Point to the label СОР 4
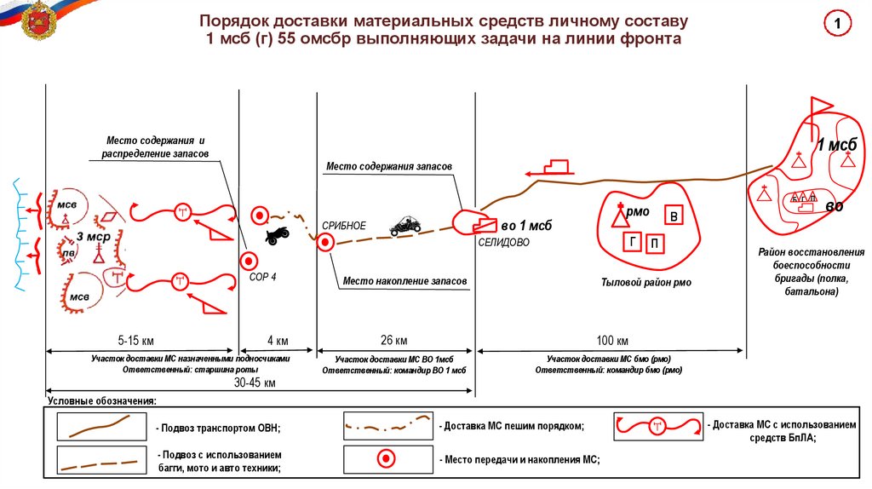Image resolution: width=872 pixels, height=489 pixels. coord(262,278)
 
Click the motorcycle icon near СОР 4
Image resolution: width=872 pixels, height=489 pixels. coord(278,235)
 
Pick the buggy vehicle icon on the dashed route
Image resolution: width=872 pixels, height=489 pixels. coord(404,225)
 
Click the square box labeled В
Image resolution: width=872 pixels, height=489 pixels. coord(674,216)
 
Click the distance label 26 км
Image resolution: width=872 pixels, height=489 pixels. coord(393,341)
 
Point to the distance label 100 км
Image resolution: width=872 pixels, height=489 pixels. coord(611,341)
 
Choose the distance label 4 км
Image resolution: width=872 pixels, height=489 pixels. coord(278,341)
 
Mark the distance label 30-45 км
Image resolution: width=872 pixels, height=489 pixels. coord(255,383)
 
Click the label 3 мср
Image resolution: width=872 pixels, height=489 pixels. coord(92,236)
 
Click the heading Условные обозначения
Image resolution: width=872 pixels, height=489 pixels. coord(102,400)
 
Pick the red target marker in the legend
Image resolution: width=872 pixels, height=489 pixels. coord(386,459)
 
